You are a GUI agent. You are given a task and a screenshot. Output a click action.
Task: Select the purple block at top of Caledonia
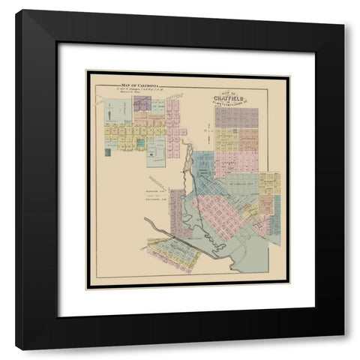pyautogui.click(x=142, y=103)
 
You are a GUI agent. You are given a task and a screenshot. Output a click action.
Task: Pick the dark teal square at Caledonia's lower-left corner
pyautogui.click(x=108, y=151)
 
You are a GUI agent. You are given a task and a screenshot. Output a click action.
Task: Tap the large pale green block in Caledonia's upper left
pyautogui.click(x=117, y=111)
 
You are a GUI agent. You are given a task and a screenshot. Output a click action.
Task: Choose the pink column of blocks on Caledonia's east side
pyautogui.click(x=173, y=127)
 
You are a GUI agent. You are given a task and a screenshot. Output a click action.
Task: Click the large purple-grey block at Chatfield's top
pyautogui.click(x=236, y=117)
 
